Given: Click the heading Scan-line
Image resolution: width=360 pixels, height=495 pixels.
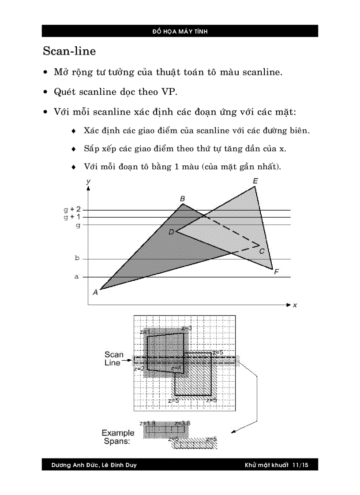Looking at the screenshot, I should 69,51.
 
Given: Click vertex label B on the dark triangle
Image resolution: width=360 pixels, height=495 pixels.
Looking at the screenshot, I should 182,199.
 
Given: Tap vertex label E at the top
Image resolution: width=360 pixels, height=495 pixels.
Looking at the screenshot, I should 255,181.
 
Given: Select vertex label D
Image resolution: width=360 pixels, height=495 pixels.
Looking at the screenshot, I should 171,232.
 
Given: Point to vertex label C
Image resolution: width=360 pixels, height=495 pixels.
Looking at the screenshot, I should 261,251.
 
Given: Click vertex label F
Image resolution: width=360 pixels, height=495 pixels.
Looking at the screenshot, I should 276,272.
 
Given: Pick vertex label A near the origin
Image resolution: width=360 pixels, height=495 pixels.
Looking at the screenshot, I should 95,292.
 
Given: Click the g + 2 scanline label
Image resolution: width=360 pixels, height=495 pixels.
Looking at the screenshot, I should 72,209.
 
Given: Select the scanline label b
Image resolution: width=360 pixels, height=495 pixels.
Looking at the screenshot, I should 77,258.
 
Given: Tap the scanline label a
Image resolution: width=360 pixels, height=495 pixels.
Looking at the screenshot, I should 77,277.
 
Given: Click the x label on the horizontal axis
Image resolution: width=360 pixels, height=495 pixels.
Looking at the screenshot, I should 295,305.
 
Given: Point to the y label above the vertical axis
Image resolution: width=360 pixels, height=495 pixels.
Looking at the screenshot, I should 89,181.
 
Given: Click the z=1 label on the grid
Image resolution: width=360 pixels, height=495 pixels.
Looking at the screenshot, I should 145,331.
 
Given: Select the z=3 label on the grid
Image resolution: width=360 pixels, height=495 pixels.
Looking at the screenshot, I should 186,328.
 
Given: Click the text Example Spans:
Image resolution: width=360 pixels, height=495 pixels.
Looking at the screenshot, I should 117,436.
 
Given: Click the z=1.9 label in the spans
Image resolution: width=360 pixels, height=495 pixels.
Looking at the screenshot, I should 147,423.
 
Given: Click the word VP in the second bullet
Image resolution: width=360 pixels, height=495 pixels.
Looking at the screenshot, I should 167,92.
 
